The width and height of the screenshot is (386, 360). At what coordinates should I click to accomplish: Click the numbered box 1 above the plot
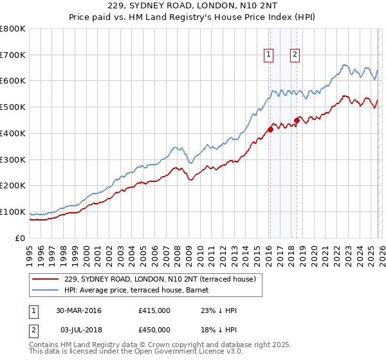(268, 55)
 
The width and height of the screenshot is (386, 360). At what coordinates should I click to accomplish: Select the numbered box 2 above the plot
(295, 55)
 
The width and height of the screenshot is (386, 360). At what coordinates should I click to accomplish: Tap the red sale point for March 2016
(270, 129)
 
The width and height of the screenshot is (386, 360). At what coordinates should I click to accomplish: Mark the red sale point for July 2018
(297, 120)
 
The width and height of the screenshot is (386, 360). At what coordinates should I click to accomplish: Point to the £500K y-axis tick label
(13, 107)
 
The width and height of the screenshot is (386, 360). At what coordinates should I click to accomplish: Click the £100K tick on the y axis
(13, 212)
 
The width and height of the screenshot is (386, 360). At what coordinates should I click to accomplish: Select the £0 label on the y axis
(21, 238)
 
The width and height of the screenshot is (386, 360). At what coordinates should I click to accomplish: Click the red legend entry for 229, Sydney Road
(160, 279)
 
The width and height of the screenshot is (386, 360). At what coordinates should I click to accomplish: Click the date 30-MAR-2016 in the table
(78, 311)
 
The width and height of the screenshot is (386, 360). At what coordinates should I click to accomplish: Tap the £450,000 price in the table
(154, 329)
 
